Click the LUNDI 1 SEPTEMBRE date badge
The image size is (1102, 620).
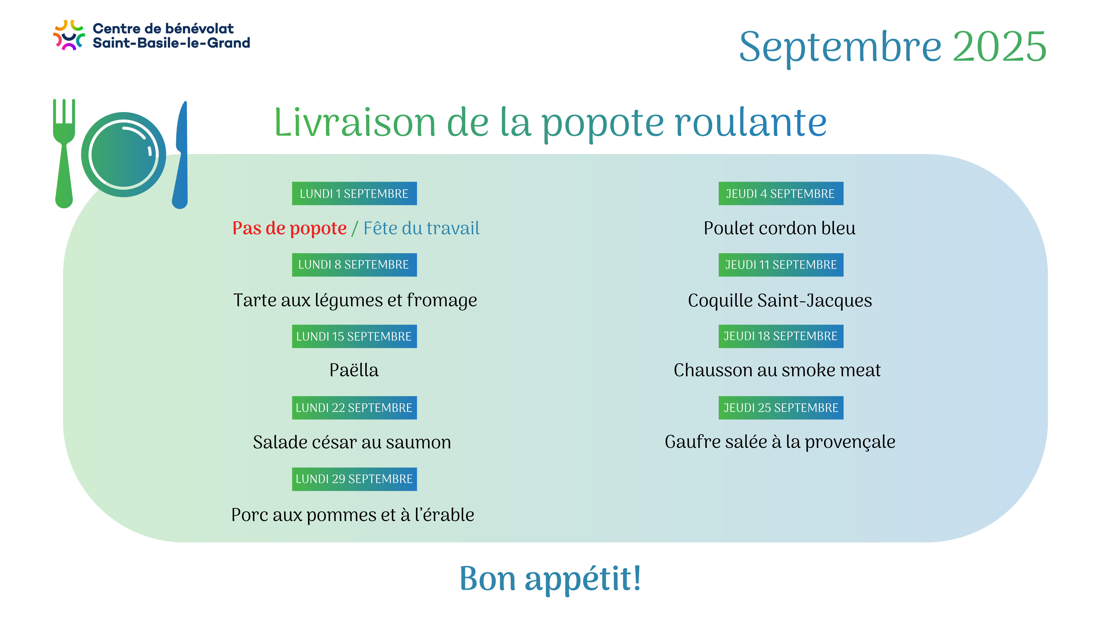click(x=354, y=193)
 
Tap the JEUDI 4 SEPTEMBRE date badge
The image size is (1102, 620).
click(x=781, y=193)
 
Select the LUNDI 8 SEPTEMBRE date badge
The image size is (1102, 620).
click(x=354, y=265)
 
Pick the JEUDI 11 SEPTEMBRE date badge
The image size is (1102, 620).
click(x=781, y=265)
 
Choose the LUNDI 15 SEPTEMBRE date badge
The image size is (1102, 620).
click(x=354, y=336)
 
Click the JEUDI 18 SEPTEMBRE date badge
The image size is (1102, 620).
click(x=781, y=336)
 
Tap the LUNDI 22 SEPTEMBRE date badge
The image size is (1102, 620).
click(x=354, y=408)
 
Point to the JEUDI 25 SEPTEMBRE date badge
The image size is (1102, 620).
click(x=781, y=408)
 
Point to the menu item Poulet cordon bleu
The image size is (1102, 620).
click(x=779, y=228)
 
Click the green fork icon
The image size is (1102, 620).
click(x=64, y=154)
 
